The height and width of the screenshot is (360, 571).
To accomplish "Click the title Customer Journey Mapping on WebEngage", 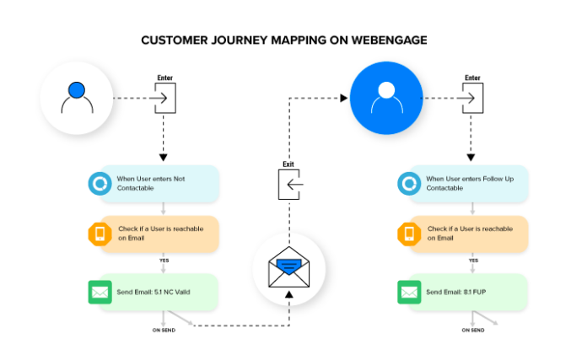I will click(x=286, y=40).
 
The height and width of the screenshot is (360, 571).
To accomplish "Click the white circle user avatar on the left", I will click(x=77, y=99).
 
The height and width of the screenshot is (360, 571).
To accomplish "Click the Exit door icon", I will click(x=289, y=184).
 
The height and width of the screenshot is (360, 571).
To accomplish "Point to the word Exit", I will click(x=289, y=164).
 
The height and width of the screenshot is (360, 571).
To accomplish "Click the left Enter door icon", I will click(x=164, y=99).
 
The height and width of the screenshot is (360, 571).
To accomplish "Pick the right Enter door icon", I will click(x=473, y=99).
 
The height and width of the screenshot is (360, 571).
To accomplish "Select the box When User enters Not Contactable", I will click(x=153, y=184).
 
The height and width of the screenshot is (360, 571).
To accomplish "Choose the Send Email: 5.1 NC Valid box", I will click(x=153, y=291).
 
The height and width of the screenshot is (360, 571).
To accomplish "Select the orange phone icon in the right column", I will click(x=409, y=234).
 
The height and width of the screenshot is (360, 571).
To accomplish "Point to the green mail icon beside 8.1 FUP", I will click(x=409, y=291).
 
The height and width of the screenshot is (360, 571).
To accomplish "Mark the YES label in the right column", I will click(x=473, y=261).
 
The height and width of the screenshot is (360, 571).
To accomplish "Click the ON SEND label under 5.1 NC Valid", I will click(x=164, y=330).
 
